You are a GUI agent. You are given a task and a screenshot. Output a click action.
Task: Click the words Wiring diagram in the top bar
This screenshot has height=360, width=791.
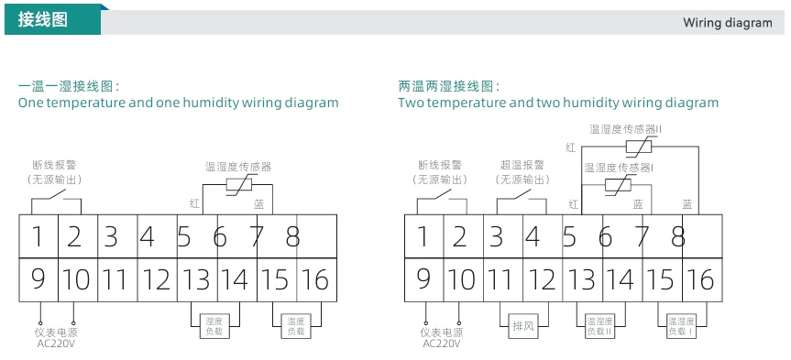pos(727,23)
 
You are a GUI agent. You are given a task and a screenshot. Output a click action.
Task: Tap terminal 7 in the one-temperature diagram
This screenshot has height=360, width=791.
pos(258,236)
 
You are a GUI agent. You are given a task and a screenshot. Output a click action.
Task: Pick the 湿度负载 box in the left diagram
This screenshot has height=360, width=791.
pos(216,327)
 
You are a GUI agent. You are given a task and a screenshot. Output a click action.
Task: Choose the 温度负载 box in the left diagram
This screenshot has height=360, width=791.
pos(295,327)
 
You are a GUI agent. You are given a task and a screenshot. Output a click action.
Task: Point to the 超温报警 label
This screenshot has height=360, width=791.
pos(522,165)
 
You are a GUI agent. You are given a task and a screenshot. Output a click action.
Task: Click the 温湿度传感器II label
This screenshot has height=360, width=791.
pos(625,129)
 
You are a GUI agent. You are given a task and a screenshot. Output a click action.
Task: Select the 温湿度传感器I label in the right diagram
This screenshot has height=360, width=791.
pos(619,168)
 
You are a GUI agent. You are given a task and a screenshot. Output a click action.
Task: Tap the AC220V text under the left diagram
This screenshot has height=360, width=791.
pos(56,344)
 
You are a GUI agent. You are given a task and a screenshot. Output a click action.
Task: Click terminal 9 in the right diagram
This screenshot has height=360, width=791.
pos(423,279)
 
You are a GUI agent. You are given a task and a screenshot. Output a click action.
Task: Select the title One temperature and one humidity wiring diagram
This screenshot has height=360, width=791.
pos(179,103)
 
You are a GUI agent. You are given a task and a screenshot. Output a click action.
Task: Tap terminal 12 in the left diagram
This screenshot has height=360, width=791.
pos(156,279)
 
